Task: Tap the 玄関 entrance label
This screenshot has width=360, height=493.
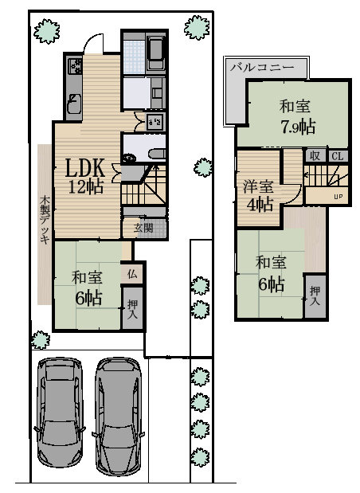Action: click(x=143, y=227)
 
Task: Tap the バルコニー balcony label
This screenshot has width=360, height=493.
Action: click(x=261, y=68)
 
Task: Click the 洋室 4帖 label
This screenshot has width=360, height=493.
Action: click(x=257, y=195)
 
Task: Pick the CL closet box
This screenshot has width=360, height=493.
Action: click(x=337, y=156)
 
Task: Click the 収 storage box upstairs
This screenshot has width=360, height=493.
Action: click(x=315, y=156)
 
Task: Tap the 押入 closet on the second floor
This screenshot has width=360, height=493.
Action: click(x=315, y=297)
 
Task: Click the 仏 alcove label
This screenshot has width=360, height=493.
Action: click(x=132, y=273)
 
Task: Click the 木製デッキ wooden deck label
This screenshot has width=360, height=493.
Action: click(x=45, y=219)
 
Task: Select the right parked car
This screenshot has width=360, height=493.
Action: click(x=118, y=417)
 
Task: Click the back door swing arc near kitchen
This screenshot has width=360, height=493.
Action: click(x=96, y=44)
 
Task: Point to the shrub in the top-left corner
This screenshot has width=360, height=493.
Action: click(x=49, y=31)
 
